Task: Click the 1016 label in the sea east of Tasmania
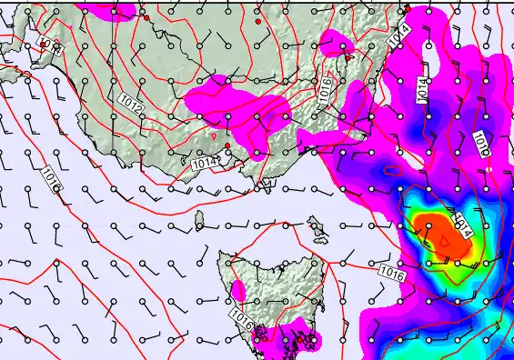point(391,272)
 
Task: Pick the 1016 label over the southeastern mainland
point(324,90)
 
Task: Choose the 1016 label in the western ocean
point(50,178)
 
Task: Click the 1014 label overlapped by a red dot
point(399,36)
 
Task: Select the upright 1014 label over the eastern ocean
point(422,89)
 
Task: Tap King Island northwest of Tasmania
point(199,220)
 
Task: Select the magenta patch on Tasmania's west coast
point(238,292)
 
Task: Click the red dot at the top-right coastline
point(407,9)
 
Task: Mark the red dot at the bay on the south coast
point(227,145)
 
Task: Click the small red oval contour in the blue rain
point(390,170)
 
